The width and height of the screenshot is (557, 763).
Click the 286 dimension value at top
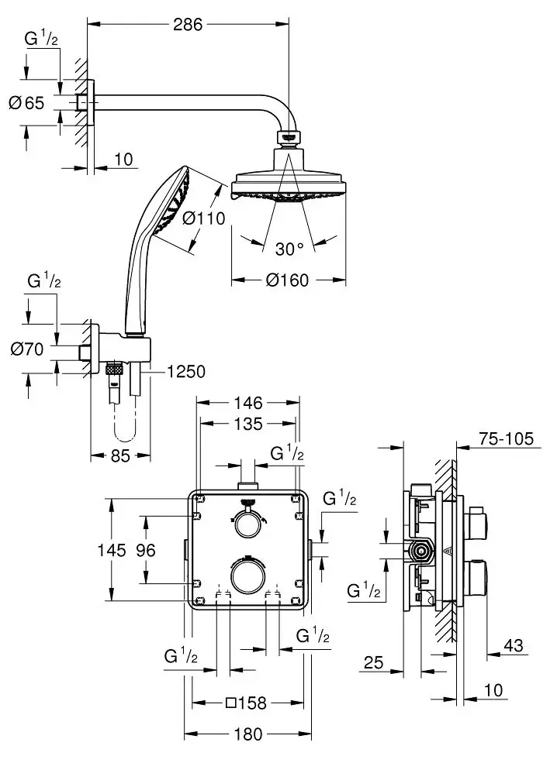186,24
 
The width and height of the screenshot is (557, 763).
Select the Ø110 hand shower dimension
204,218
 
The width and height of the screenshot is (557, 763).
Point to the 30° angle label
289,249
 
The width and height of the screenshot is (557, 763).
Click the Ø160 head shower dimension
287,280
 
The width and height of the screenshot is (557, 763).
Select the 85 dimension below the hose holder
119,456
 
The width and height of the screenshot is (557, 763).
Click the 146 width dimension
248,402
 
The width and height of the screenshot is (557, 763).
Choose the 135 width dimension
248,424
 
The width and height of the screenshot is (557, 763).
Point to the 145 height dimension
112,550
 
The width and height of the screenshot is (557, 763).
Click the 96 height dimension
144,550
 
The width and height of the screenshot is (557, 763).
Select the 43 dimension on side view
511,644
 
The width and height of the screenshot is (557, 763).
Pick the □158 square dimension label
247,703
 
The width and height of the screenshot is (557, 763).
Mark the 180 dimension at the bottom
248,734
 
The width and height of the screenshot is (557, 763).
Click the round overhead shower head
288,183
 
